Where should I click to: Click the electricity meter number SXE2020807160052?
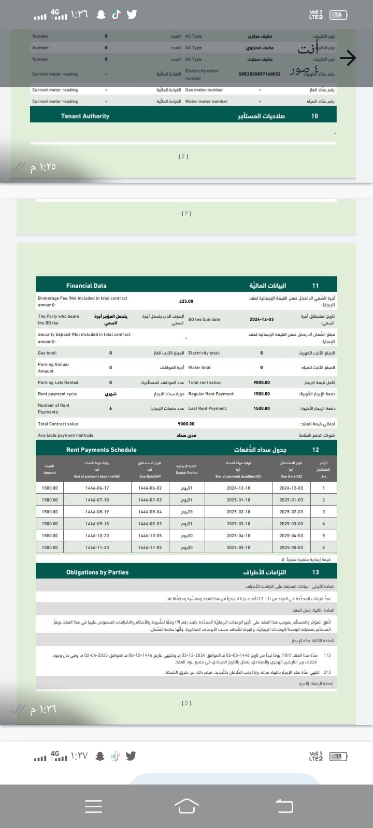[x=260, y=74]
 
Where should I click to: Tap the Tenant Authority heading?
[x=85, y=116]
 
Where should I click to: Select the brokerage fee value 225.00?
[x=186, y=301]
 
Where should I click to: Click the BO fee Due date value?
[x=262, y=319]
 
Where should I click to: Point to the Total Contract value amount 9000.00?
[x=186, y=424]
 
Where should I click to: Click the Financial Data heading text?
[x=87, y=286]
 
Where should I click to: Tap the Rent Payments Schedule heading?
[x=102, y=450]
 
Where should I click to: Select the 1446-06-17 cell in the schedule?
[x=97, y=488]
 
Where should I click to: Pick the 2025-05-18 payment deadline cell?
[x=238, y=548]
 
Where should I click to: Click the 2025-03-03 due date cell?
[x=291, y=524]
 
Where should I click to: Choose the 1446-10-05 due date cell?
[x=150, y=536]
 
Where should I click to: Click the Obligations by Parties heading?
[x=97, y=572]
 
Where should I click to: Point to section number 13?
[x=315, y=572]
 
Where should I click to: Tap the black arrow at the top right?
[x=348, y=58]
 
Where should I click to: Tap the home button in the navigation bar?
[x=187, y=806]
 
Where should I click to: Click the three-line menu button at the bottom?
[x=93, y=806]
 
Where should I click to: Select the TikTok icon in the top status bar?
[x=116, y=14]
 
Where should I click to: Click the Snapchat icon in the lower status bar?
[x=101, y=756]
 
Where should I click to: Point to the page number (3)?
[x=187, y=703]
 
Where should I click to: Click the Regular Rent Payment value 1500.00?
[x=262, y=394]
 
